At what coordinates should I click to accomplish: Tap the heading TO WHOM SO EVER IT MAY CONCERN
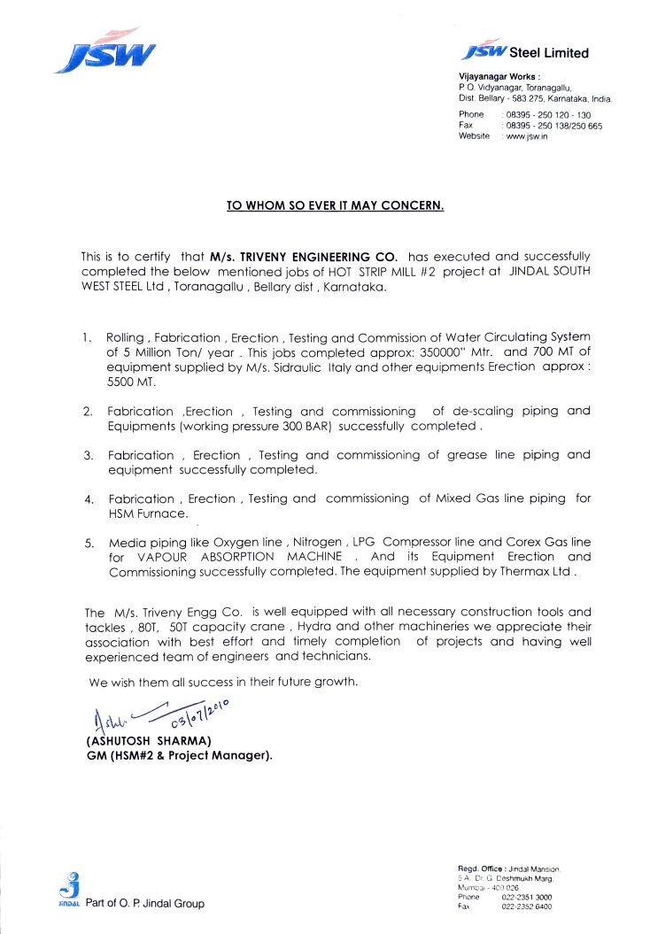click(335, 206)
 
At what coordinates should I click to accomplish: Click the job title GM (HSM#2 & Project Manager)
click(178, 755)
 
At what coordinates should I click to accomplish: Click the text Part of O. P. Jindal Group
click(144, 904)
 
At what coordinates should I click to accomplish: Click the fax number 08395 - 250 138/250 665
click(553, 127)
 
